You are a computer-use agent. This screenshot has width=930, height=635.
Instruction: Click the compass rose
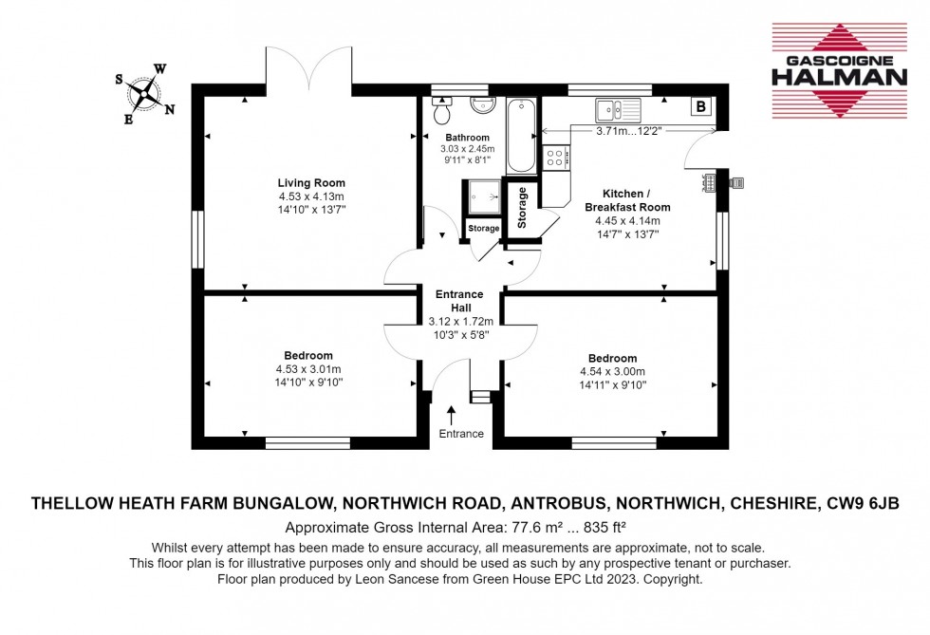(x=144, y=93)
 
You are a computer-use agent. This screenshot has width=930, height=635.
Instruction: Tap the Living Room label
(x=311, y=183)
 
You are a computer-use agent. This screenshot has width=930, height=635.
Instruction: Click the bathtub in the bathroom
(x=521, y=135)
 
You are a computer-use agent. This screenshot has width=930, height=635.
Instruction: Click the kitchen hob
(x=554, y=157)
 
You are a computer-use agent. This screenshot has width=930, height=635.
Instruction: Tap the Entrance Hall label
(x=458, y=301)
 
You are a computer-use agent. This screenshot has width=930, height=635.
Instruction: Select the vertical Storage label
(x=521, y=207)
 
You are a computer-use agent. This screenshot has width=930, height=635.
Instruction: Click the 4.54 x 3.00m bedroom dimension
(x=612, y=371)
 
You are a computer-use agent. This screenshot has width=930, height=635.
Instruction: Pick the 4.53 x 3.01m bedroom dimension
(x=308, y=369)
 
